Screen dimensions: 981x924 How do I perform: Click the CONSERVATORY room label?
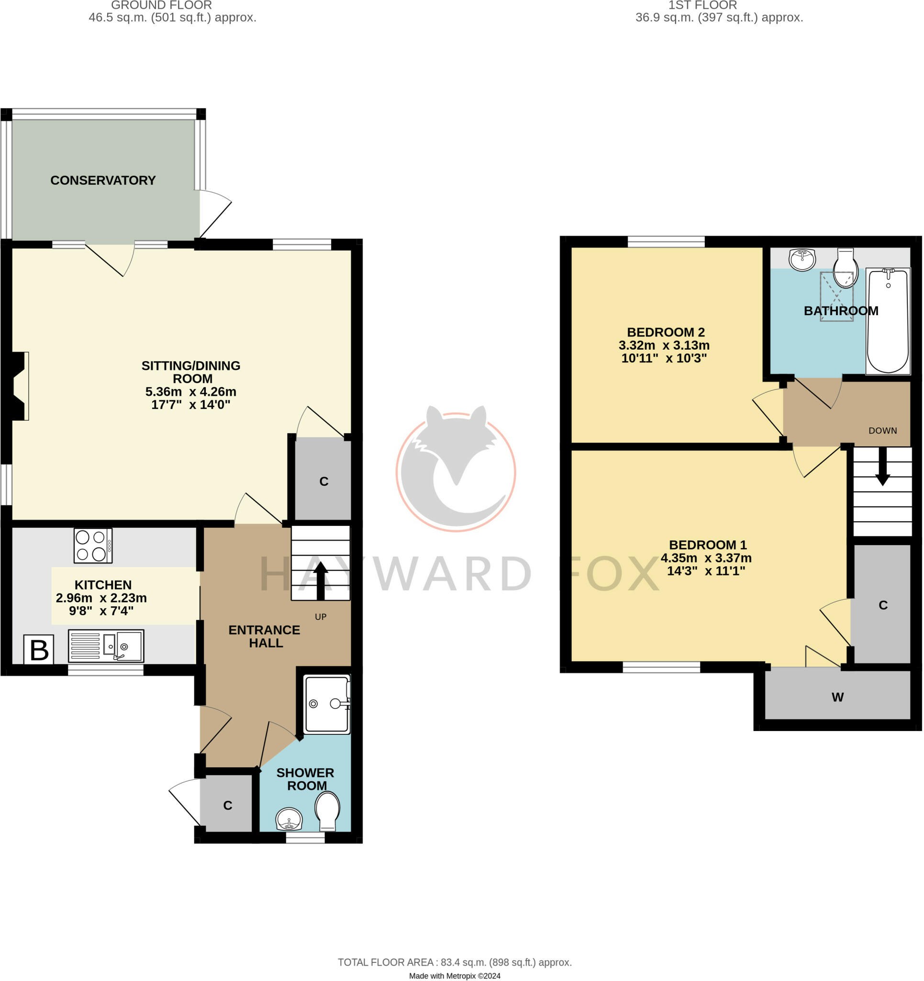click(103, 181)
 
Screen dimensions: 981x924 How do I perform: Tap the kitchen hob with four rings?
click(93, 546)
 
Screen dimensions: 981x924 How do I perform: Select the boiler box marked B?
click(39, 650)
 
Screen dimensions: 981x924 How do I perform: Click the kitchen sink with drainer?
click(106, 646)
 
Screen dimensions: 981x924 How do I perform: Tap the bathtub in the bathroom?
click(888, 321)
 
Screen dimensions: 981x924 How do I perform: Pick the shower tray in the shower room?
click(327, 704)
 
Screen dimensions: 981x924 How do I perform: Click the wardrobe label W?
click(837, 697)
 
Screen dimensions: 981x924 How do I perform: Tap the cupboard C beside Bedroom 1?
click(882, 605)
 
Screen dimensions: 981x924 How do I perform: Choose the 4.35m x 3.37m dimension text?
click(706, 558)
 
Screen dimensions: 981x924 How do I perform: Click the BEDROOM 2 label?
click(666, 332)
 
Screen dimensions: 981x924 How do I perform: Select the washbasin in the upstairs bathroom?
click(802, 260)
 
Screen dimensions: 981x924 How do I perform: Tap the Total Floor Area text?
click(455, 962)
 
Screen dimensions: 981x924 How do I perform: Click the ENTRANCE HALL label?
click(265, 637)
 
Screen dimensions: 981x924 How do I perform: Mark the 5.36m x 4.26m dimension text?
click(191, 392)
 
